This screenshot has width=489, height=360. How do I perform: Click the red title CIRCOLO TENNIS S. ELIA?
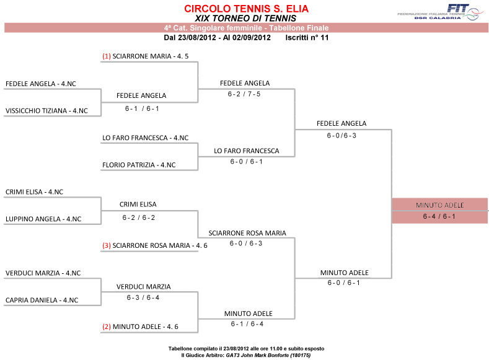click(x=247, y=9)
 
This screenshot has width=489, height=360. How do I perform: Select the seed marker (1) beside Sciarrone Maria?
click(x=107, y=56)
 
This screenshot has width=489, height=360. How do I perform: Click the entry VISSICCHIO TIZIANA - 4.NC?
click(x=46, y=111)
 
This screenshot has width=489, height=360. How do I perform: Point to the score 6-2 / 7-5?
click(x=244, y=94)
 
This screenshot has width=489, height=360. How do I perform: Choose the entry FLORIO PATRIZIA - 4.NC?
click(x=139, y=165)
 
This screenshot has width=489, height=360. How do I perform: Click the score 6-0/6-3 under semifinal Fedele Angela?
click(x=341, y=136)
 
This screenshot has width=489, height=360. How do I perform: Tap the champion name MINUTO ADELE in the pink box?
click(x=439, y=205)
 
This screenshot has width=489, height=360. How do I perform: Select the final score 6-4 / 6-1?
click(x=439, y=216)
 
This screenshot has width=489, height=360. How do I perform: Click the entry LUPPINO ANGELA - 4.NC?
click(x=43, y=219)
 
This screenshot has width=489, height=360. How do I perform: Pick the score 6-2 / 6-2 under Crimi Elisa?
click(x=139, y=217)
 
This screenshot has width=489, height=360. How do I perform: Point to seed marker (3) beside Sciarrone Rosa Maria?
click(x=107, y=245)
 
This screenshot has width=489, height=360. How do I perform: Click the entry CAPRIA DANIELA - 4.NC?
click(x=42, y=300)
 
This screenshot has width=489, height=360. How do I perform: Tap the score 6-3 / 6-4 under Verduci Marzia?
click(x=143, y=297)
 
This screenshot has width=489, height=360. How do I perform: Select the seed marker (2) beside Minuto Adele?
click(x=107, y=327)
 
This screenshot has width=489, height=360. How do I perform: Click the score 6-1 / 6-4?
click(x=247, y=324)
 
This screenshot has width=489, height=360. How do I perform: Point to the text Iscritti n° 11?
click(x=307, y=38)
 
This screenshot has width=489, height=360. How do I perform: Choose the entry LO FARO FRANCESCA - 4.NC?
click(x=145, y=138)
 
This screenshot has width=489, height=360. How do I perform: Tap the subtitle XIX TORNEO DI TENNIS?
click(x=246, y=19)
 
